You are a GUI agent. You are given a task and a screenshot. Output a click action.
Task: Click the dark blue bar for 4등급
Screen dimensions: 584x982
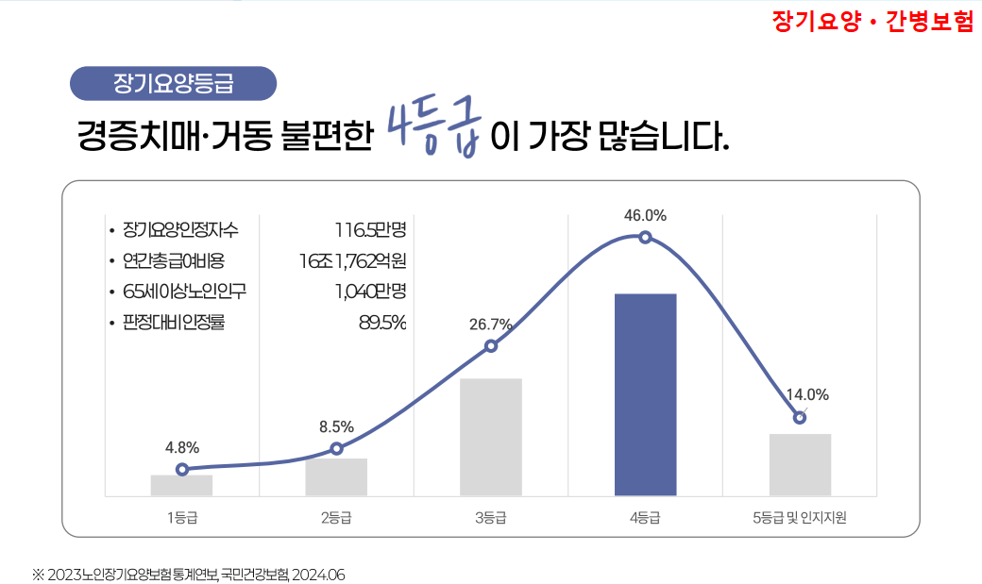click(645, 394)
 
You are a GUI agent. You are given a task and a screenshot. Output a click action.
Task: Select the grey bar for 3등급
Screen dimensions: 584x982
click(491, 437)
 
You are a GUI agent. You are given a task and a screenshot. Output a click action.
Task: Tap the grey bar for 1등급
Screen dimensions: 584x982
click(181, 485)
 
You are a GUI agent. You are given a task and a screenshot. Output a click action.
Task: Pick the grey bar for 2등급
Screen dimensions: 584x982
click(336, 476)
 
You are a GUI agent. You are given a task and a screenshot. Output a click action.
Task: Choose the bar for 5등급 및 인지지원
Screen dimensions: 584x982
click(800, 464)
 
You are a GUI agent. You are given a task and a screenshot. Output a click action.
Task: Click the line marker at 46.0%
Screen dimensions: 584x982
click(645, 237)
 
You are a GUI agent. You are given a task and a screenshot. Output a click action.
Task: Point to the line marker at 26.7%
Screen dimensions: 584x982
click(491, 346)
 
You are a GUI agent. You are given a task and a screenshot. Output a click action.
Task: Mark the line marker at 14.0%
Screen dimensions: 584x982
click(800, 417)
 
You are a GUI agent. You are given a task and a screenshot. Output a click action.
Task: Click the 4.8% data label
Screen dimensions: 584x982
click(181, 447)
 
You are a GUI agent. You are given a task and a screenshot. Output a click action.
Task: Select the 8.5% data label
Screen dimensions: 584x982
click(336, 426)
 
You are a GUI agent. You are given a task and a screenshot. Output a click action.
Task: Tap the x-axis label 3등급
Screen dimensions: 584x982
click(491, 517)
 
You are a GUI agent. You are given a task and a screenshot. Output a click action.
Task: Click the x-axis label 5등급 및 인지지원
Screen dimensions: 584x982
click(800, 517)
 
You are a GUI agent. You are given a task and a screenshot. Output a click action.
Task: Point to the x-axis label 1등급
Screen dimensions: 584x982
click(181, 517)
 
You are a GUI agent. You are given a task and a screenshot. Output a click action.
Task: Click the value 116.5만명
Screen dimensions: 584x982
click(370, 229)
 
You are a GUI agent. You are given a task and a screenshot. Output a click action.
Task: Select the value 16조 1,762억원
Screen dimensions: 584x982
click(353, 260)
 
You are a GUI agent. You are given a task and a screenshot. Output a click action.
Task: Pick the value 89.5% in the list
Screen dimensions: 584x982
click(382, 323)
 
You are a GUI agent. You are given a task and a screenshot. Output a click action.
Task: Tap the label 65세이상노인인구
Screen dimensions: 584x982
click(178, 292)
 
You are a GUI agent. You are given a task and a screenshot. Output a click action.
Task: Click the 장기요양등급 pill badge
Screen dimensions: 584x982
click(174, 83)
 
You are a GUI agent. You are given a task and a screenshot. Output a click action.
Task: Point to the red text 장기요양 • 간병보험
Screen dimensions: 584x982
click(872, 22)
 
